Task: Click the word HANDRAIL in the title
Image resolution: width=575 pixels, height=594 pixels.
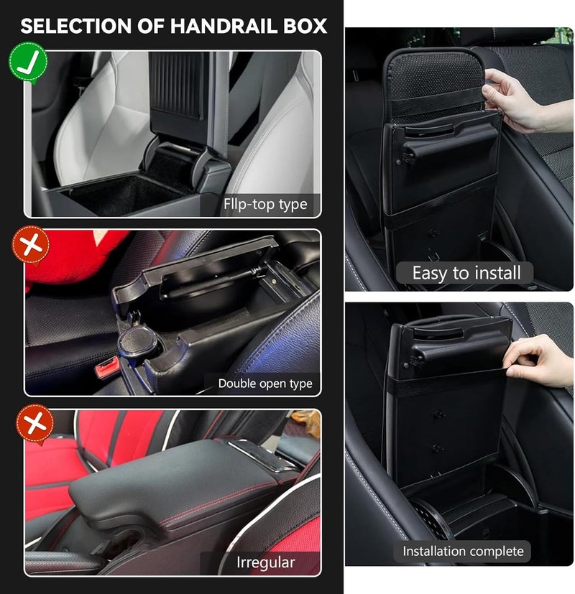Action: pyautogui.click(x=224, y=26)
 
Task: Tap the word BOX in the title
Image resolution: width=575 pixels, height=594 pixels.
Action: pyautogui.click(x=305, y=26)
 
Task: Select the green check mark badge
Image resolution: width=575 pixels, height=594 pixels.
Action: pyautogui.click(x=29, y=62)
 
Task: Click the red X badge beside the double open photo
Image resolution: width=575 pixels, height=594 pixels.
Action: pyautogui.click(x=31, y=245)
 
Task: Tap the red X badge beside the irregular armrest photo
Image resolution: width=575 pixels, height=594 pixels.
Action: pyautogui.click(x=35, y=423)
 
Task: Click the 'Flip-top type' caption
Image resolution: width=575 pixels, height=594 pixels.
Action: pyautogui.click(x=265, y=205)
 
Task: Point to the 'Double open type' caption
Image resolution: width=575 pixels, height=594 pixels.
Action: pyautogui.click(x=265, y=384)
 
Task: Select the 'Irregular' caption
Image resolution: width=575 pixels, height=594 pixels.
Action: pyautogui.click(x=265, y=562)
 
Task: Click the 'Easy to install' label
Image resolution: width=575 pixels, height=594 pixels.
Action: pyautogui.click(x=466, y=273)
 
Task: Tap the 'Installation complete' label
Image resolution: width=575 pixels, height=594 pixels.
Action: pyautogui.click(x=463, y=551)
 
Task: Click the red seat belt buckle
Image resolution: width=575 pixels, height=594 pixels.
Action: pyautogui.click(x=106, y=370)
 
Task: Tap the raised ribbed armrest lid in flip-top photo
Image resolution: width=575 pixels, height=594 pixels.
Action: pyautogui.click(x=178, y=85)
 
